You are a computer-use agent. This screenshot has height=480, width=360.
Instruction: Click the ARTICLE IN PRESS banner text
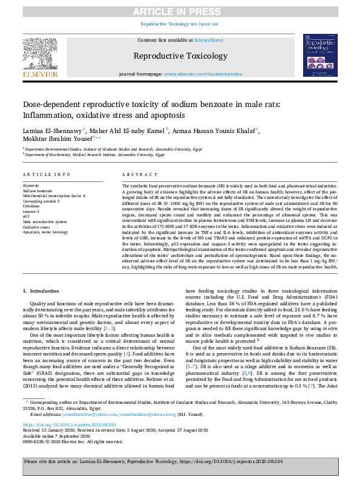pos(179,11)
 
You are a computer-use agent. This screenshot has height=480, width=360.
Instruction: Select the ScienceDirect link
pos(208,40)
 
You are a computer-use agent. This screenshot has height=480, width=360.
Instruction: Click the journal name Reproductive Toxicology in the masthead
pos(179,56)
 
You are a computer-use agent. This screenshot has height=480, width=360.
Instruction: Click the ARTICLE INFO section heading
pos(44,174)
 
